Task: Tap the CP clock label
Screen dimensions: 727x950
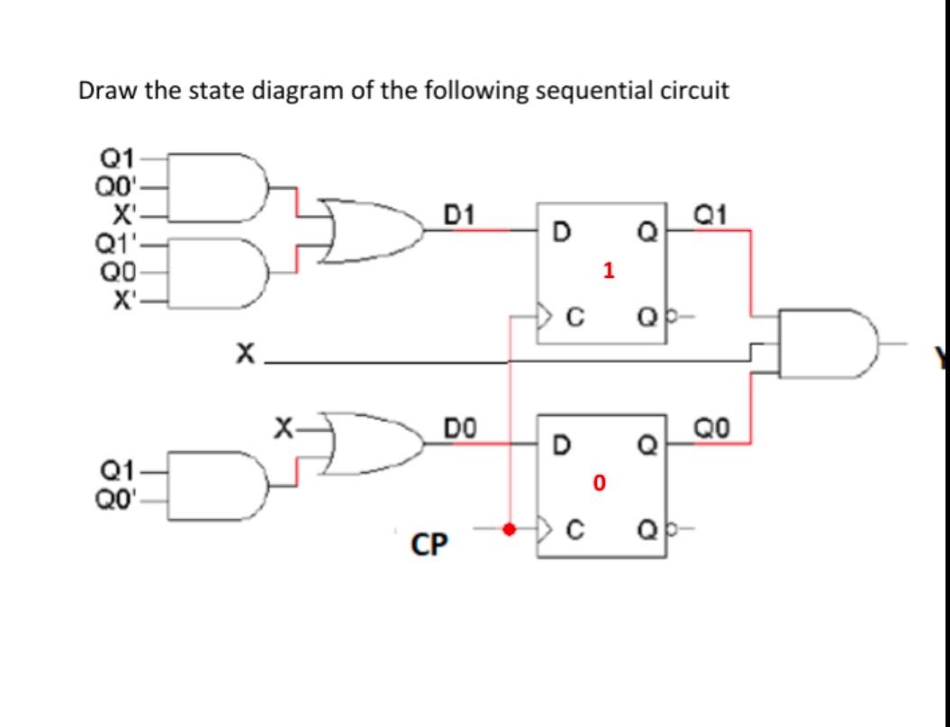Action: (430, 544)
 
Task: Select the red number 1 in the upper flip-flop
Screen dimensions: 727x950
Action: (609, 271)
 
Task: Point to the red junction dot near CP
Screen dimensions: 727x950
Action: (510, 529)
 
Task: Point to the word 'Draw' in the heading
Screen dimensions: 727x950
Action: (104, 91)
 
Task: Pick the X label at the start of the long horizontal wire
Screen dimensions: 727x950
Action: (242, 357)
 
